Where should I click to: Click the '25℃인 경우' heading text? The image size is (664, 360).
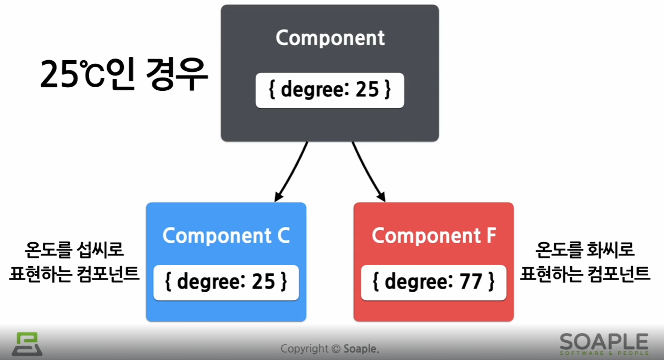pos(124,74)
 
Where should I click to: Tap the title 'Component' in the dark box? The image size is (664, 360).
pos(330,38)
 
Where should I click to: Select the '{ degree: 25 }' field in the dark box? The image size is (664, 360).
pos(330,90)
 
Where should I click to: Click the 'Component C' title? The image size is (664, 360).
pos(226,236)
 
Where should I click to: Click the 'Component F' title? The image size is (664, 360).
pos(434,236)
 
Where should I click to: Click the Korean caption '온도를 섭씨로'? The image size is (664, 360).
pos(74,250)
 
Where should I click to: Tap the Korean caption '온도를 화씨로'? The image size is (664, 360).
pos(585,250)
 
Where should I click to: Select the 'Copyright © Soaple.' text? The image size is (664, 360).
pos(330,349)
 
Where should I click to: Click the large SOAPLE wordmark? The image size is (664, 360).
pos(604,341)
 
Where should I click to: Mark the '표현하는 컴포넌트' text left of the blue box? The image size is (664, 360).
pos(74,274)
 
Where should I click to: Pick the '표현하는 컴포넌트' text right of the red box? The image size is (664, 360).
pos(585,274)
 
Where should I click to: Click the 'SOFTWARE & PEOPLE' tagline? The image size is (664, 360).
pos(604,353)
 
